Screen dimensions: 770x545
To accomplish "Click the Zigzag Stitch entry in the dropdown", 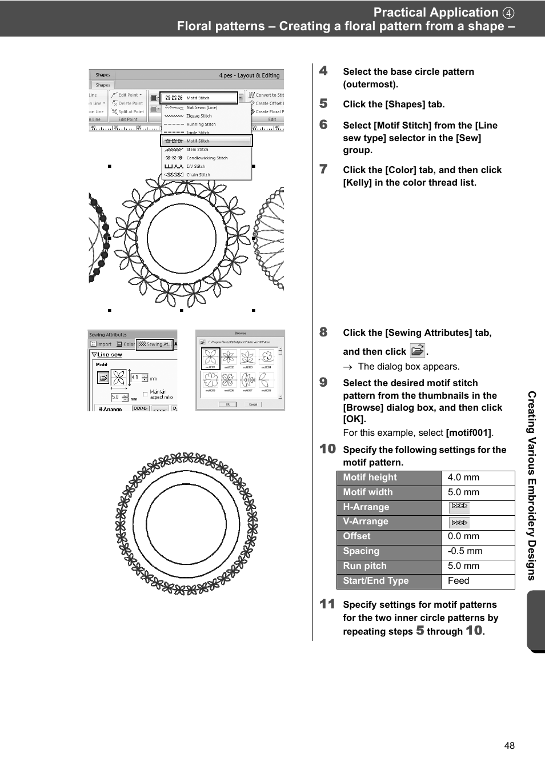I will coord(198,116).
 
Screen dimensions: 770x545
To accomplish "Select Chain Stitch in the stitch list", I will coord(198,175).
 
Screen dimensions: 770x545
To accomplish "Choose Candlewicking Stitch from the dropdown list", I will coord(206,158).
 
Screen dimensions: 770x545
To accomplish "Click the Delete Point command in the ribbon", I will coord(130,103).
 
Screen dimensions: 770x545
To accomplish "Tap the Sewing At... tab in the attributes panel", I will coord(155,344).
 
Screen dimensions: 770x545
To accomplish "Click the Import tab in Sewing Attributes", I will coord(101,344).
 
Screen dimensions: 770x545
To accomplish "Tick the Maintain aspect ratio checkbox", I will coord(146,394).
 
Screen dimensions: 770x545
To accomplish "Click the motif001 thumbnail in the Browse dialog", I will coord(210,358).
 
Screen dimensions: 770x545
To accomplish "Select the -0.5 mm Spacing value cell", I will coord(478,551).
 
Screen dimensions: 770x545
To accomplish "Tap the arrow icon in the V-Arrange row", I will coord(459,522).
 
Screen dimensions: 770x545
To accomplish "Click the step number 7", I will coord(324,169).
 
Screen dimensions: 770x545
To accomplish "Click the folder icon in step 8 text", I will coord(418,351).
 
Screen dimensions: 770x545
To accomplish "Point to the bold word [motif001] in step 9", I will coord(468,433).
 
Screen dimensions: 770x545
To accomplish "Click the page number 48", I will coord(510,745).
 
